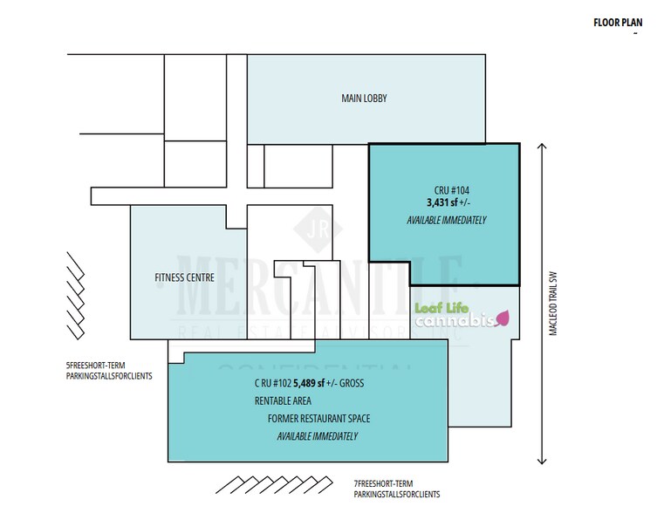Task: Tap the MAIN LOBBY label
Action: pyautogui.click(x=364, y=99)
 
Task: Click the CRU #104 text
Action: pyautogui.click(x=446, y=189)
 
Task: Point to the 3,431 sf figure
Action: pyautogui.click(x=436, y=202)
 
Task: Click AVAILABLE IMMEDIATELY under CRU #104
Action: pyautogui.click(x=446, y=220)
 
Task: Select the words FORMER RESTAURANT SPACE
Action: pyautogui.click(x=318, y=419)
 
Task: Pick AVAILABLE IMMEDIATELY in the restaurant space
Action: pyautogui.click(x=317, y=436)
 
